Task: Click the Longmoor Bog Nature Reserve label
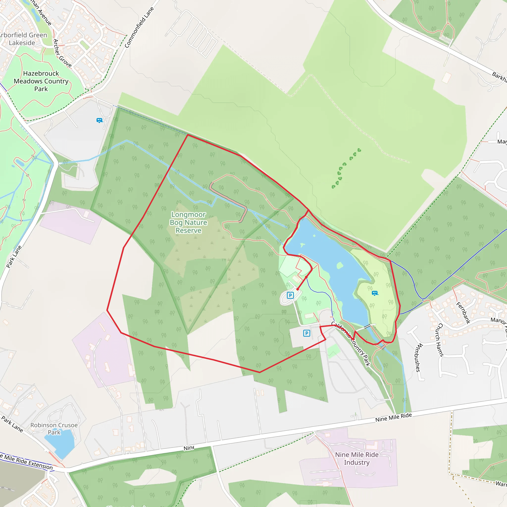(x=188, y=222)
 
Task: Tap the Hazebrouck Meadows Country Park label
(x=41, y=81)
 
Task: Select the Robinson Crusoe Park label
(x=54, y=429)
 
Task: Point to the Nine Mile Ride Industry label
(x=357, y=458)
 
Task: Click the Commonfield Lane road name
(x=139, y=27)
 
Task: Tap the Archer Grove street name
(x=62, y=53)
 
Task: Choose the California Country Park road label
(x=351, y=344)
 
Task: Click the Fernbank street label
(x=463, y=313)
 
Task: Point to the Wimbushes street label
(x=418, y=357)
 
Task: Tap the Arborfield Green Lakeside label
(x=23, y=39)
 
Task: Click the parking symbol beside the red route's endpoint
(x=290, y=295)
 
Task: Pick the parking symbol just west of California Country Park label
(x=306, y=333)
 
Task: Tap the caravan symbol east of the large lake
(x=375, y=293)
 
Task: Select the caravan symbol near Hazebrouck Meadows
(x=99, y=121)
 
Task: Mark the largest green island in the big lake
(x=340, y=266)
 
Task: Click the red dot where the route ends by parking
(x=298, y=289)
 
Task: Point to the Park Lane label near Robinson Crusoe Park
(x=12, y=424)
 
